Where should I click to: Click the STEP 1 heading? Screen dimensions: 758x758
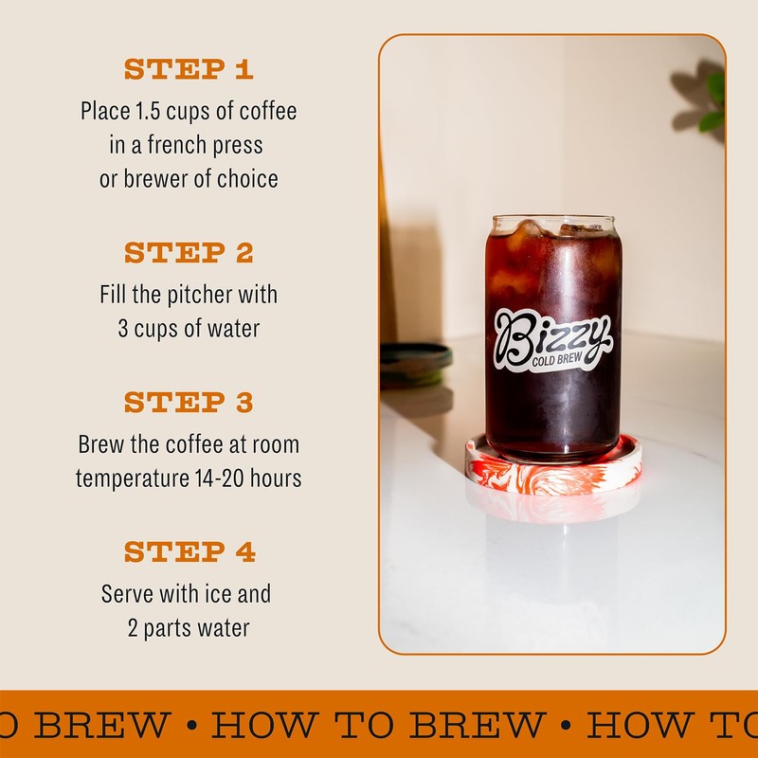click(x=189, y=69)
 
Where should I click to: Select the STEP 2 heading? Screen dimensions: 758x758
click(x=189, y=253)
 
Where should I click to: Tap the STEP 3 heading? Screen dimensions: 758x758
click(x=189, y=403)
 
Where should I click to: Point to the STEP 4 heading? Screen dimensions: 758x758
click(x=189, y=551)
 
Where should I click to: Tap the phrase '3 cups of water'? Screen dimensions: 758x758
click(x=189, y=329)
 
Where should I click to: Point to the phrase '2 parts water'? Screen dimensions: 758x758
click(x=189, y=627)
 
